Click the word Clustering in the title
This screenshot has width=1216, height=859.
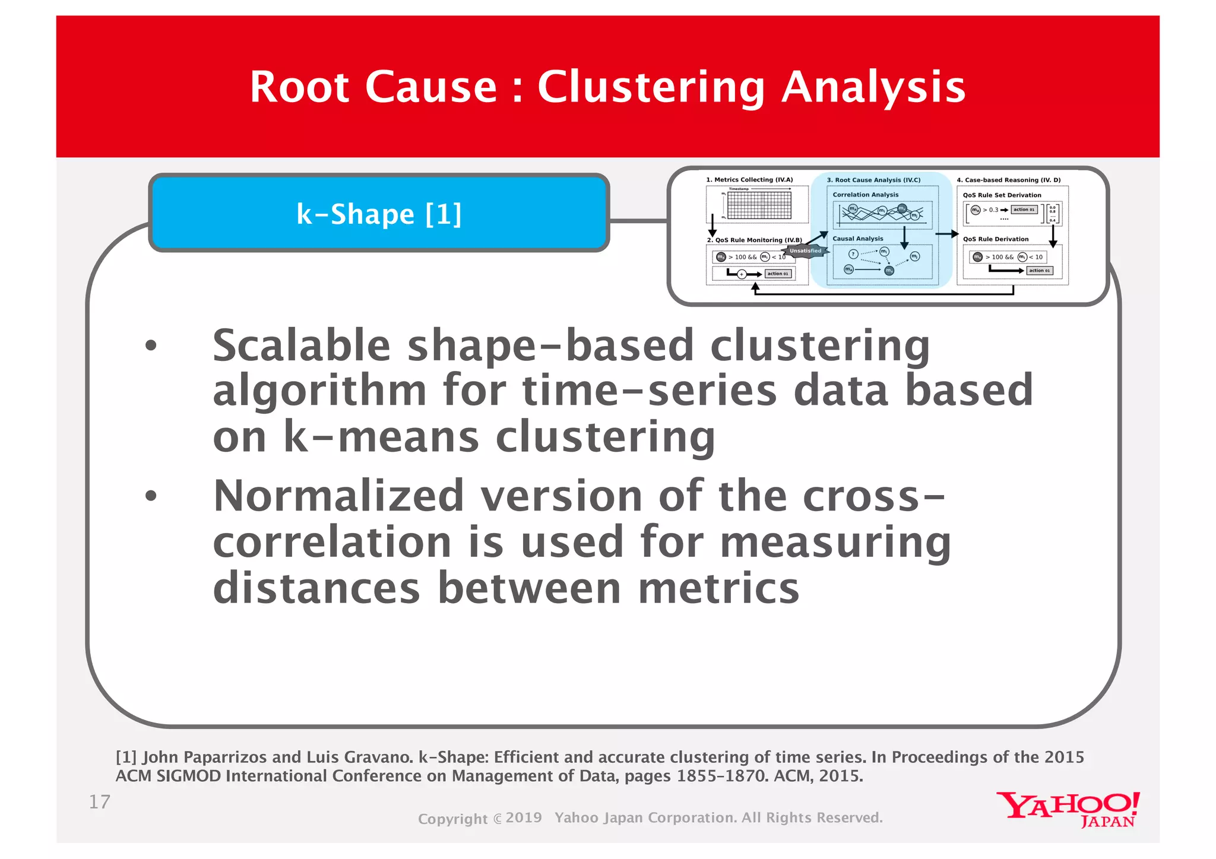point(651,87)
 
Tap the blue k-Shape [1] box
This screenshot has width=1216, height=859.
point(379,214)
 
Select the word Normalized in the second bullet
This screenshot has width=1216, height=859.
point(338,496)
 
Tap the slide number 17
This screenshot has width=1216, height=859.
point(99,802)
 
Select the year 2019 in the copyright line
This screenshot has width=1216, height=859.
point(524,818)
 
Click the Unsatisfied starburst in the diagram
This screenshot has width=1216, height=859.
point(805,251)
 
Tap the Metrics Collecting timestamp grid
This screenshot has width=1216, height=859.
point(759,205)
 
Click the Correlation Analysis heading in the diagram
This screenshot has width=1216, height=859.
point(865,195)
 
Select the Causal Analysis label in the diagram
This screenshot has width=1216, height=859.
point(857,239)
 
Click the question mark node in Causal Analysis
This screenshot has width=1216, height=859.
point(853,254)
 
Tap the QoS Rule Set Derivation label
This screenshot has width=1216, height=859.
point(1002,195)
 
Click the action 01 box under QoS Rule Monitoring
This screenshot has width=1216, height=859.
point(778,274)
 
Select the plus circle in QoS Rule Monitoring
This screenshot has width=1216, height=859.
point(742,274)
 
